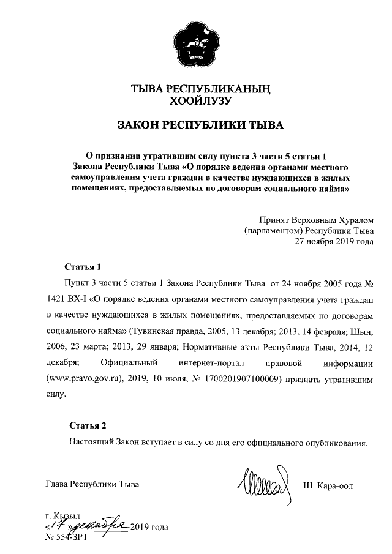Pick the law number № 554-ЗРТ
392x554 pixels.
click(68, 536)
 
